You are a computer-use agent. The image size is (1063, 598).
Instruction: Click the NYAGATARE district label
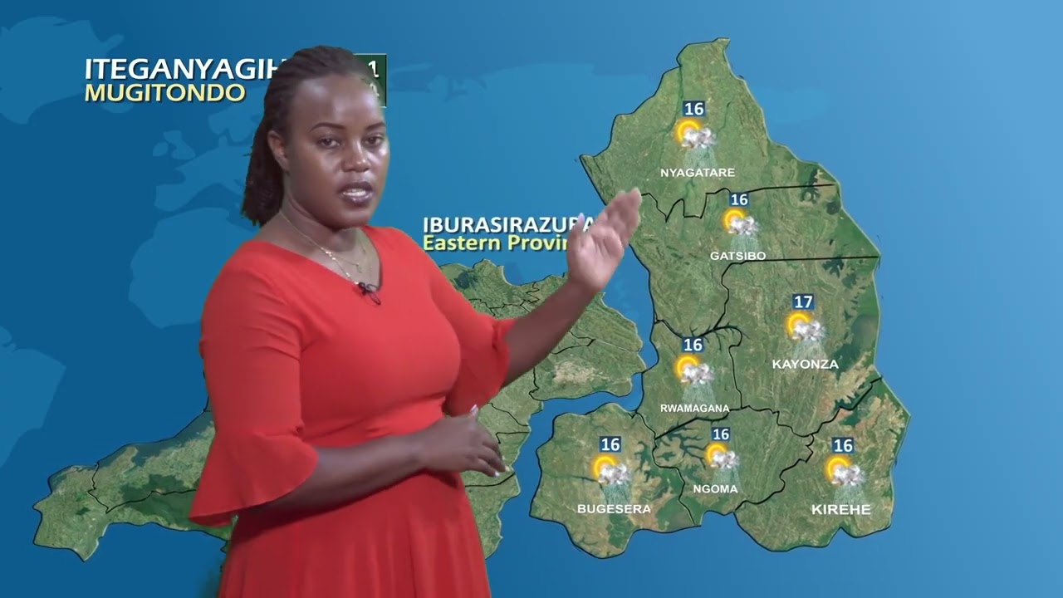point(697,173)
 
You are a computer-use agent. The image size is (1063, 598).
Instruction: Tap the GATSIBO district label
point(737,256)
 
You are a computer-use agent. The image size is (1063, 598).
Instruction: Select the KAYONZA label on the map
point(805,364)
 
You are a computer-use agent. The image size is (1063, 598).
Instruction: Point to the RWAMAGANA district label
point(694,408)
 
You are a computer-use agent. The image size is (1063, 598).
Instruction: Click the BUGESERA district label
point(614,508)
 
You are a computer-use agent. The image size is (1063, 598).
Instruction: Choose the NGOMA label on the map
point(714,489)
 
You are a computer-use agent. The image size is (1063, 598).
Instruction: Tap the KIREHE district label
point(840,509)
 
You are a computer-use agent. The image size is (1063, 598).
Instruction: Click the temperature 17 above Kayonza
point(802,302)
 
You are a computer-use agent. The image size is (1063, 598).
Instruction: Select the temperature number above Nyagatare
point(693,109)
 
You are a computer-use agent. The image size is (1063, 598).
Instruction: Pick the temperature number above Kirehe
point(842,446)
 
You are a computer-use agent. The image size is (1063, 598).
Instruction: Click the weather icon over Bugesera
point(611,470)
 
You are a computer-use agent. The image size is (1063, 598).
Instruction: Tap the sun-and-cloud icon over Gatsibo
point(739,223)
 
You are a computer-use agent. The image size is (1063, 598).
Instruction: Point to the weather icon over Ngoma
point(721,456)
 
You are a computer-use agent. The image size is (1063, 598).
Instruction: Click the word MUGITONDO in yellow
point(164,92)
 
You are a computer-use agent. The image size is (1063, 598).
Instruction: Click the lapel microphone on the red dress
point(366,289)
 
